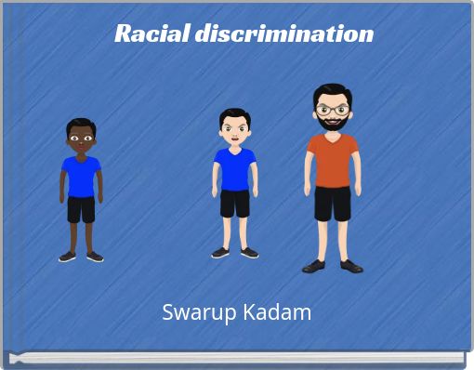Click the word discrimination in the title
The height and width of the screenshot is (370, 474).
[x=283, y=33]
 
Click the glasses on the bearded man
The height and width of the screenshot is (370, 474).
[x=331, y=110]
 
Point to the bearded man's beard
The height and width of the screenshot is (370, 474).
[x=331, y=124]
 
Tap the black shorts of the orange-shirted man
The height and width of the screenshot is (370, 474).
[x=332, y=203]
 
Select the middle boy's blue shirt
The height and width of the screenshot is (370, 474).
[x=234, y=167]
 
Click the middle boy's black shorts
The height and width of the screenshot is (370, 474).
[x=234, y=203]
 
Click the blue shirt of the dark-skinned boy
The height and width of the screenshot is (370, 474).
[x=82, y=176]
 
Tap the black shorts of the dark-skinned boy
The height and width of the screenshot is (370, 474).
[x=82, y=209]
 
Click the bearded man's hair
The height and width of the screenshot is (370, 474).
[x=331, y=90]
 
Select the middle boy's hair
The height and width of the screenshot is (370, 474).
[x=234, y=114]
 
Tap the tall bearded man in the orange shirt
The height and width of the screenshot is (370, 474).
[x=332, y=177]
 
